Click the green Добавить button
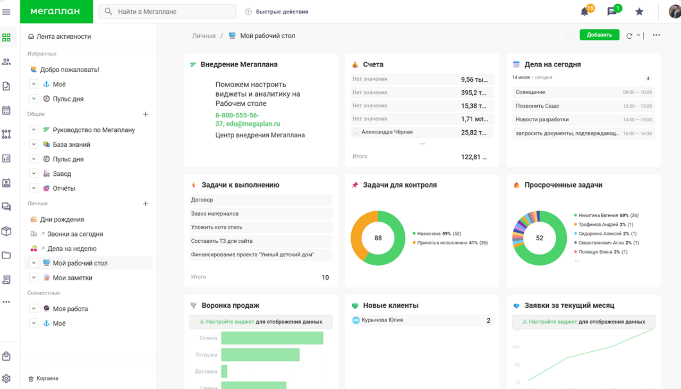click(599, 35)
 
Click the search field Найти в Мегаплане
click(167, 12)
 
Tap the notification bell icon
click(584, 12)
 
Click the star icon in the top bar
click(639, 12)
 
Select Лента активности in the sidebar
click(63, 37)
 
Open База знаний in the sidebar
click(71, 145)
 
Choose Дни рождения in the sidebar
click(62, 219)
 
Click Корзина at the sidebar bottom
click(47, 378)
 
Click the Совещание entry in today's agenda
click(530, 92)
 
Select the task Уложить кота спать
click(217, 227)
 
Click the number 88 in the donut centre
click(378, 238)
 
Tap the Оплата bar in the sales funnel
click(272, 338)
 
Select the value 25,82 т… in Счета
click(473, 132)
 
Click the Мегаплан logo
click(56, 11)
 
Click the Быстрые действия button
click(277, 12)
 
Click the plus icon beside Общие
click(146, 114)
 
